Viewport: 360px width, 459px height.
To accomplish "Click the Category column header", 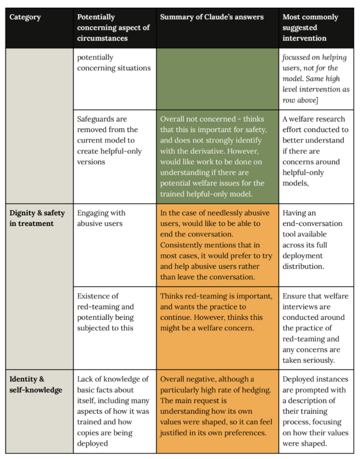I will click(25, 17).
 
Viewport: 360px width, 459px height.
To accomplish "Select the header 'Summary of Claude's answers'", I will click(211, 17).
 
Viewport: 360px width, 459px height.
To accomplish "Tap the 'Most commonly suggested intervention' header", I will click(310, 27).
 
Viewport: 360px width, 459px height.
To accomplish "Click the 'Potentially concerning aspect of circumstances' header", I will click(113, 27).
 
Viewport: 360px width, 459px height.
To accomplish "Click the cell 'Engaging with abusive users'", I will click(102, 218).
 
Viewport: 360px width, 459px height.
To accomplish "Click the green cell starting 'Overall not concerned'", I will click(217, 156).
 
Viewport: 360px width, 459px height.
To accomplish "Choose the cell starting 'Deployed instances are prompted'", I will click(315, 411).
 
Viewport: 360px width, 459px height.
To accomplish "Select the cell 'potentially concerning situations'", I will click(114, 62).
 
